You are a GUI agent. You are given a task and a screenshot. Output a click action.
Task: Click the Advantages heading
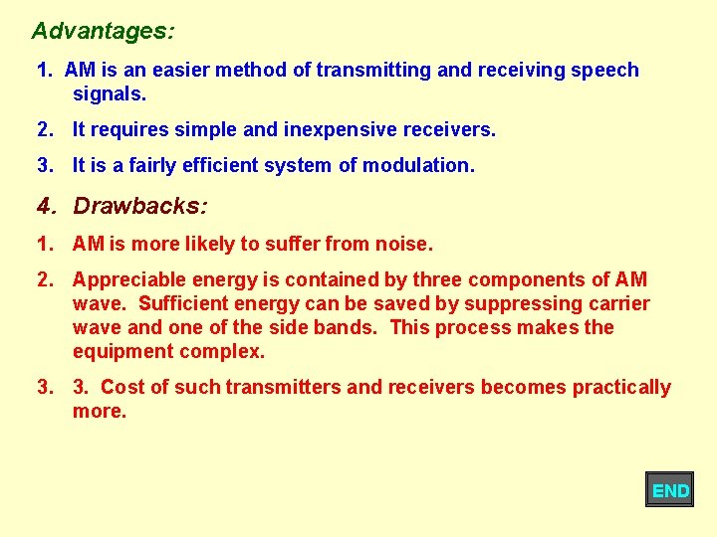103,31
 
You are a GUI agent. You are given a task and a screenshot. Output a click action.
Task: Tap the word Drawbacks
140,206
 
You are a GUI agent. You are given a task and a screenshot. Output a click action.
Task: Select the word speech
603,70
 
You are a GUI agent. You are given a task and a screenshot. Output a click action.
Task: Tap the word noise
407,244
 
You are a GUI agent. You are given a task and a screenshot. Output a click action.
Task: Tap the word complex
220,351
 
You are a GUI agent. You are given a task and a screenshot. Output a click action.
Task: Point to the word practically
619,387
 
